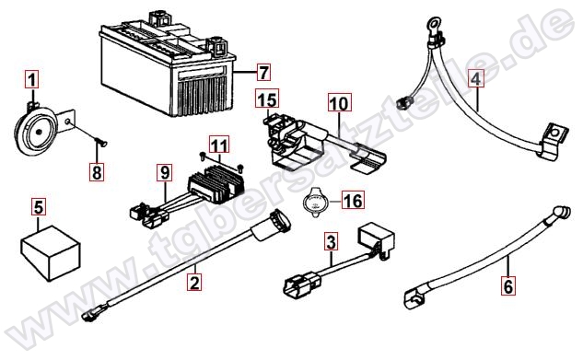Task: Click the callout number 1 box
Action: tap(32, 79)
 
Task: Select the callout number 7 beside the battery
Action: tap(263, 72)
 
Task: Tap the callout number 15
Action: tap(267, 99)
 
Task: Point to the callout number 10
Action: tap(340, 102)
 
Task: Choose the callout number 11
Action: tap(219, 145)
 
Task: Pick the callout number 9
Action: tap(165, 172)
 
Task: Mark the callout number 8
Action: tap(97, 171)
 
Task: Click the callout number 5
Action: tap(39, 207)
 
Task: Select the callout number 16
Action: tap(353, 200)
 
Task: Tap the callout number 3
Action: tap(331, 241)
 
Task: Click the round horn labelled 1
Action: tap(34, 130)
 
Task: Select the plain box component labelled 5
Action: tap(50, 252)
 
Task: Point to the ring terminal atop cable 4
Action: tap(433, 24)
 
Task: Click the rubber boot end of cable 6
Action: tap(562, 213)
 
